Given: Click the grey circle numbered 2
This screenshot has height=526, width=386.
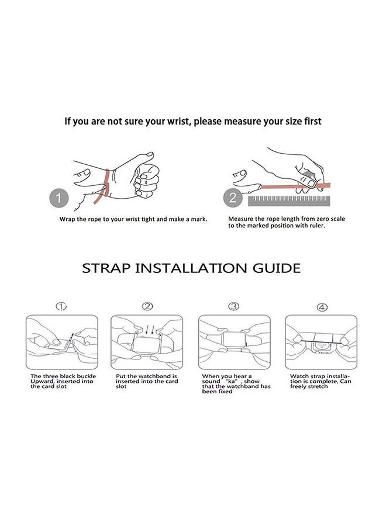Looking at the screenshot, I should (x=233, y=198).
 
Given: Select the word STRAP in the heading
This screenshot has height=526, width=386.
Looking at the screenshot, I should (x=106, y=269).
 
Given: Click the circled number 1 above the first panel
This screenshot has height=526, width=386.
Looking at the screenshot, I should (x=61, y=306).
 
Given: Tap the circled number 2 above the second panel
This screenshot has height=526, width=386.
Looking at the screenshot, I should (x=148, y=306).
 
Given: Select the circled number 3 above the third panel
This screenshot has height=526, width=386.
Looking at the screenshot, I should (x=233, y=306).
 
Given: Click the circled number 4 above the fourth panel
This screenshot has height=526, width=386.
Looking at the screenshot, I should (x=322, y=307).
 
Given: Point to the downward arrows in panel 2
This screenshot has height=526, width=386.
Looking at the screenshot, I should (x=149, y=328).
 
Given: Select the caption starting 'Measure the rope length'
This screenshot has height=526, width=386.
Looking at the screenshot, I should (x=287, y=222).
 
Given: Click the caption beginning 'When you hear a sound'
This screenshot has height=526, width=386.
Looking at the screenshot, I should (x=236, y=383).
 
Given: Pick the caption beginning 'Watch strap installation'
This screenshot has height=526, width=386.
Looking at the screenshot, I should (x=320, y=381).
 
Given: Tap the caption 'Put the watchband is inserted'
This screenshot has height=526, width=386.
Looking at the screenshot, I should (x=147, y=381).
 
